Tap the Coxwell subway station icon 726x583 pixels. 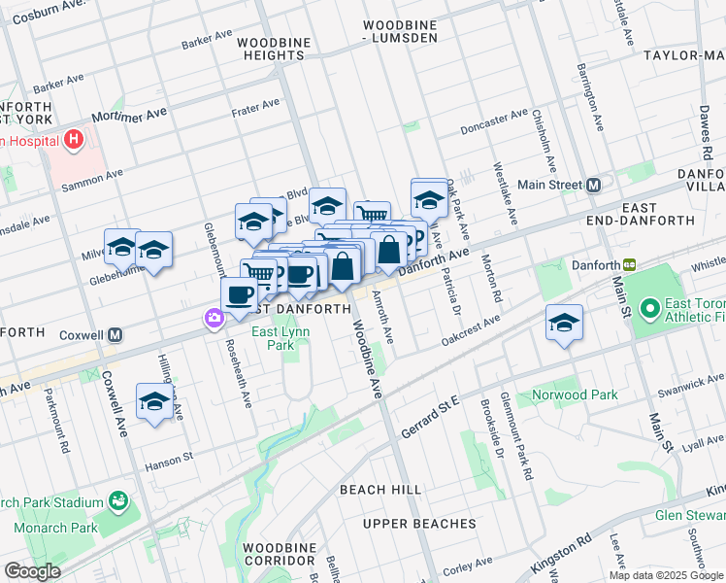115,335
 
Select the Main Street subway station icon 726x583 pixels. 593,185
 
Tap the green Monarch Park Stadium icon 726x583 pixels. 118,501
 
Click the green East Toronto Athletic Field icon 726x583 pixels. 647,310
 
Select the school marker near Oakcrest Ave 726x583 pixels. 563,325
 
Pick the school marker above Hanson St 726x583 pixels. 154,401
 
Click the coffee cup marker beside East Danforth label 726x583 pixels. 240,294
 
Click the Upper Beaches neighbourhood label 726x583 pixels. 419,524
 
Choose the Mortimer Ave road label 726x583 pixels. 129,116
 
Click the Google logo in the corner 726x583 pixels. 33,571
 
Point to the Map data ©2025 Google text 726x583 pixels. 666,575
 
